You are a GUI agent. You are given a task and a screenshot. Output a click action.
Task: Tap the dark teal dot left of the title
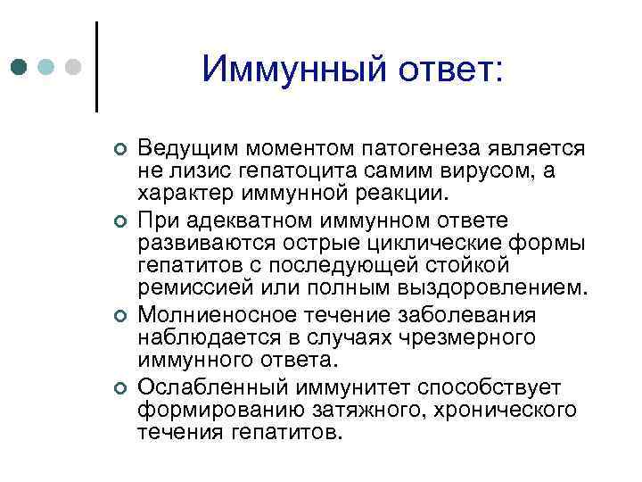point(19,67)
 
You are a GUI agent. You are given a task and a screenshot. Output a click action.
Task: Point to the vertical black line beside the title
point(95,67)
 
